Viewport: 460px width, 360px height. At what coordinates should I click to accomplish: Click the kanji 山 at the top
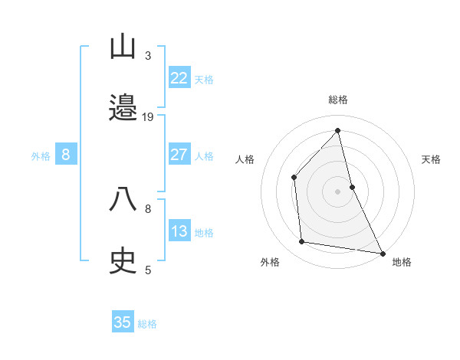pos(123,47)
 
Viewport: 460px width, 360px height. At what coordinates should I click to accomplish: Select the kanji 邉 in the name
pos(123,110)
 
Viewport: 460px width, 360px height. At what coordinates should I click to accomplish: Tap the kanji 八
pos(123,199)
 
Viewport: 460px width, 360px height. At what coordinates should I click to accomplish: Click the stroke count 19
pos(148,117)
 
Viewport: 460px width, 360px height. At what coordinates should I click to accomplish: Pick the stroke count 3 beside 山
pos(148,55)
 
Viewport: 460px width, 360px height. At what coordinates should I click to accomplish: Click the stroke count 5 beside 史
pos(148,270)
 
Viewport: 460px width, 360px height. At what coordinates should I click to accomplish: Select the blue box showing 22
pos(179,77)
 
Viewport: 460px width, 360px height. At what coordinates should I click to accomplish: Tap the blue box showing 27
pos(179,155)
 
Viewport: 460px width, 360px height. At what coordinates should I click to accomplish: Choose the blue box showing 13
pos(179,231)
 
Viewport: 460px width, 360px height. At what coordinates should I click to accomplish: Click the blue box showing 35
pos(123,322)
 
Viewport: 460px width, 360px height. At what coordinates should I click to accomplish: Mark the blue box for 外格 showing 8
pos(66,155)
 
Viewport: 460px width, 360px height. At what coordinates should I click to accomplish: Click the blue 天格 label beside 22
pos(204,80)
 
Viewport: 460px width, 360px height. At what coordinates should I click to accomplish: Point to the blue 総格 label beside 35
pos(147,324)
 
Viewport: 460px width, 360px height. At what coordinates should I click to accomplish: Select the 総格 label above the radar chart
pos(338,100)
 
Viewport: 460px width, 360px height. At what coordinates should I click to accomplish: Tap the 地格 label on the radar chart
pos(402,263)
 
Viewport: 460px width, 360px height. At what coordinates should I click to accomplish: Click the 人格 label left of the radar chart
pos(245,159)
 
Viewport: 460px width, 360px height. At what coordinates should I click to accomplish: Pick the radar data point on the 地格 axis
pos(382,252)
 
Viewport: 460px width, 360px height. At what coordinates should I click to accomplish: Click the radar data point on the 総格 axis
pos(338,130)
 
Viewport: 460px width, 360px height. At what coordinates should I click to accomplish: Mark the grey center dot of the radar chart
pos(338,191)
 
